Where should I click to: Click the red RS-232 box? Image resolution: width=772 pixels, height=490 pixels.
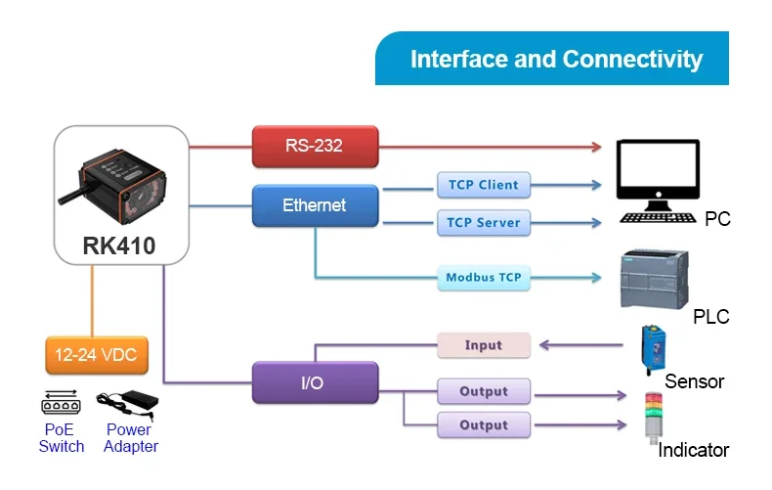315,147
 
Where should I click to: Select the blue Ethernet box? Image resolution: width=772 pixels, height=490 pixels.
315,205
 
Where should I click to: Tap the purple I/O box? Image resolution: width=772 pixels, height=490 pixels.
315,383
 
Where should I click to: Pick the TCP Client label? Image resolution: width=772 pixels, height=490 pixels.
483,185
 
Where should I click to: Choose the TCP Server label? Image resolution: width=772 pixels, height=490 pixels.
483,223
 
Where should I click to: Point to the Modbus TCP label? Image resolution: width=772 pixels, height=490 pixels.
483,278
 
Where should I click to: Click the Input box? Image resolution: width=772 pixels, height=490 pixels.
483,345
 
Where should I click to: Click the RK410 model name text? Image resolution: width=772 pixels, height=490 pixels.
121,246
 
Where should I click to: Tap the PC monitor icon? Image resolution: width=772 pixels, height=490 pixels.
658,172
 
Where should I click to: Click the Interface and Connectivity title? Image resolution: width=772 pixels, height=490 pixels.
555,59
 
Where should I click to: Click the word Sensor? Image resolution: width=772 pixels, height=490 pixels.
694,381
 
